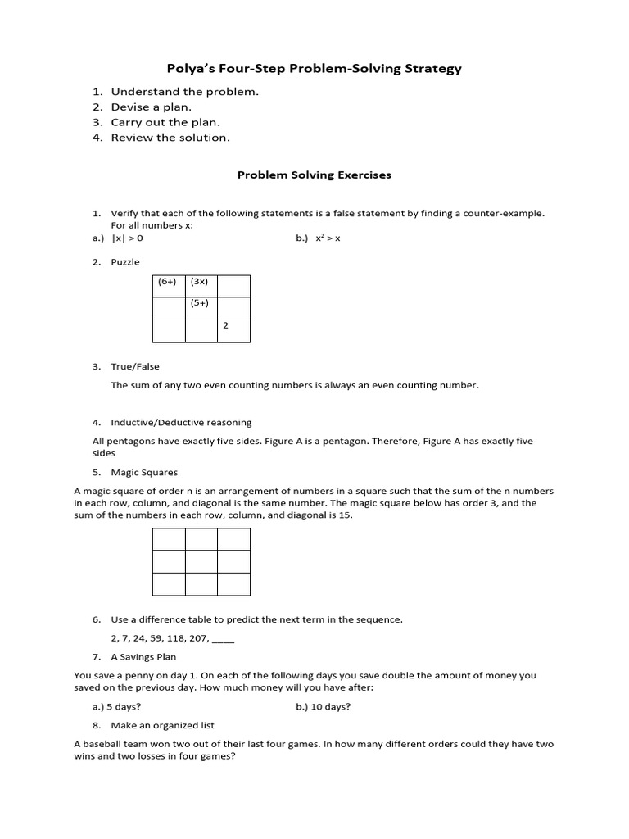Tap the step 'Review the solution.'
tap(170, 138)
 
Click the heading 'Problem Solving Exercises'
tap(314, 175)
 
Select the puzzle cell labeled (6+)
tap(169, 286)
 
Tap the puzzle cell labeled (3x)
tap(201, 286)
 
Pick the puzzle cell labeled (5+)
tap(201, 308)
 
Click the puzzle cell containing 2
tap(233, 330)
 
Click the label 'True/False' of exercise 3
tap(135, 366)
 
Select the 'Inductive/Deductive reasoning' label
tap(181, 423)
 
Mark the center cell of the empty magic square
tap(201, 561)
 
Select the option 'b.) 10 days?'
tap(328, 706)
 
